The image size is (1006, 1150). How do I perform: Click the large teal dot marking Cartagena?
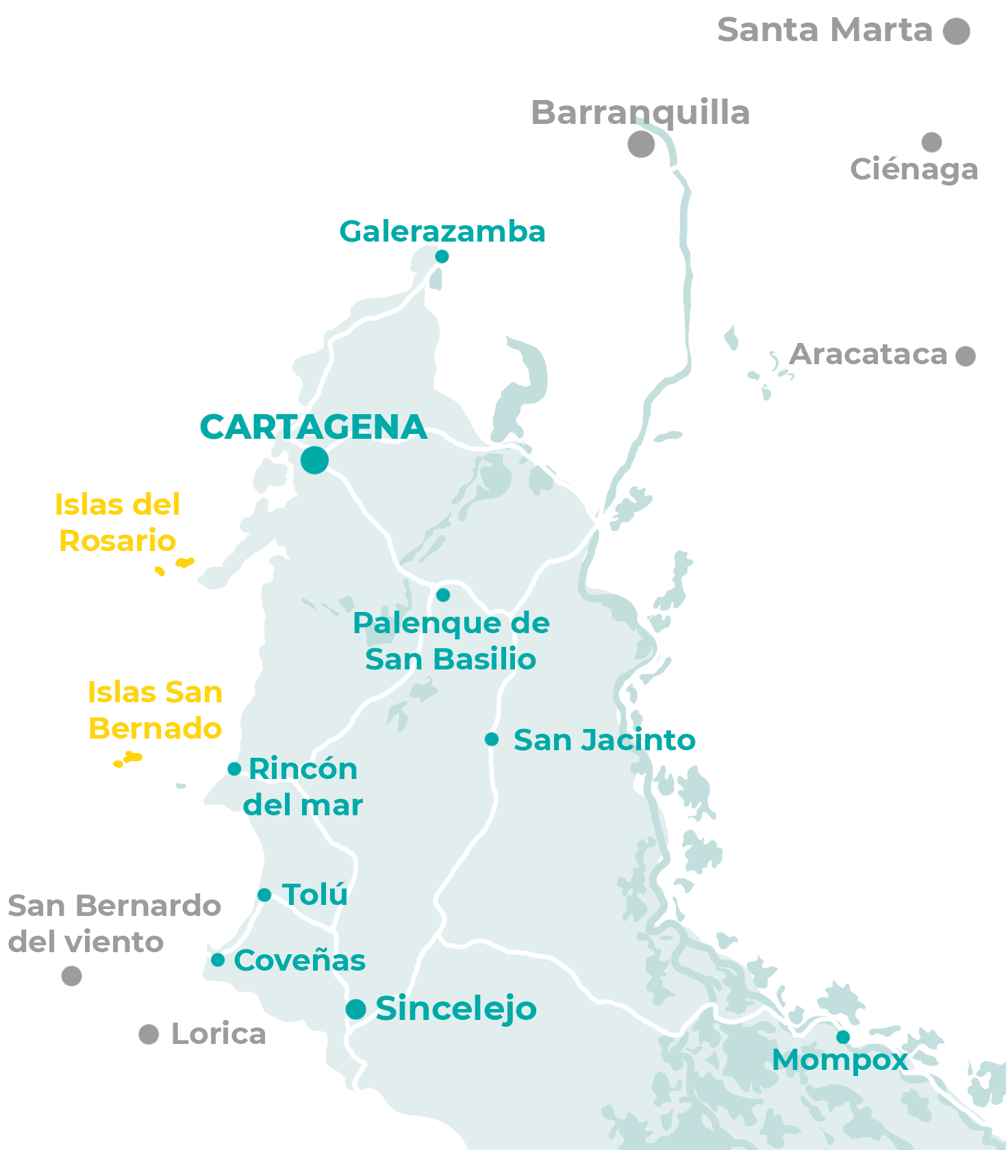pyautogui.click(x=314, y=459)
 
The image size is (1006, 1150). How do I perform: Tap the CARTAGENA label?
pyautogui.click(x=313, y=427)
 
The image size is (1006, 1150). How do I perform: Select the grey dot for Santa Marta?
pyautogui.click(x=956, y=31)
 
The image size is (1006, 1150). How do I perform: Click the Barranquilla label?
pyautogui.click(x=640, y=113)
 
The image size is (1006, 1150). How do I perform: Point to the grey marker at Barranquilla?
pyautogui.click(x=641, y=144)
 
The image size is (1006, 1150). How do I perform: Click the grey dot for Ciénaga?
pyautogui.click(x=931, y=142)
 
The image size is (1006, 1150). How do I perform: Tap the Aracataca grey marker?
pyautogui.click(x=966, y=356)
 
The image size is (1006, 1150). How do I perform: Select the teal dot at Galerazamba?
pyautogui.click(x=442, y=256)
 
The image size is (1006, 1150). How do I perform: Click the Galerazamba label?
pyautogui.click(x=442, y=232)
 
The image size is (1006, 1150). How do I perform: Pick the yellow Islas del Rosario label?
pyautogui.click(x=117, y=523)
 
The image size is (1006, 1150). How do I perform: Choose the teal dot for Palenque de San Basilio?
pyautogui.click(x=443, y=595)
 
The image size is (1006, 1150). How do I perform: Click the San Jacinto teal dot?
pyautogui.click(x=492, y=739)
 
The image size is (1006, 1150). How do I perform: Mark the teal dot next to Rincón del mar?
pyautogui.click(x=234, y=768)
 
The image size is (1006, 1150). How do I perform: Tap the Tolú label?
pyautogui.click(x=315, y=895)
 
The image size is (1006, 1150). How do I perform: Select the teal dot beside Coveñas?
pyautogui.click(x=218, y=960)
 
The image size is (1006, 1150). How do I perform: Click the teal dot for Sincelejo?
pyautogui.click(x=355, y=1009)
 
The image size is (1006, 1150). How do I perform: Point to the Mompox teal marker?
pyautogui.click(x=843, y=1037)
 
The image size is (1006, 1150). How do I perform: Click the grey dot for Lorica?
pyautogui.click(x=149, y=1034)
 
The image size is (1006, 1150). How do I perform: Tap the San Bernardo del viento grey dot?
pyautogui.click(x=72, y=975)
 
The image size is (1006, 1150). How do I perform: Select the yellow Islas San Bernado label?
pyautogui.click(x=155, y=711)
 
